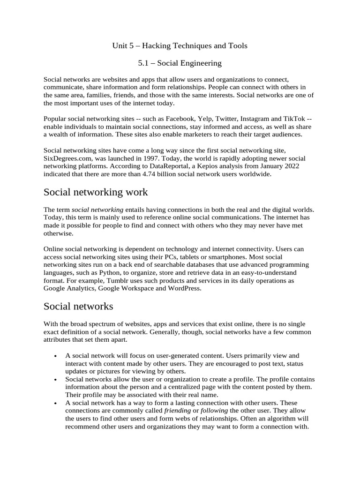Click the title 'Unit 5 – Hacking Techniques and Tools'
[x=180, y=45]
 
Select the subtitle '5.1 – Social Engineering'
[x=180, y=62]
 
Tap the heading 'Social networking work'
[x=96, y=192]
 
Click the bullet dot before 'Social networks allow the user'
[x=56, y=379]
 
